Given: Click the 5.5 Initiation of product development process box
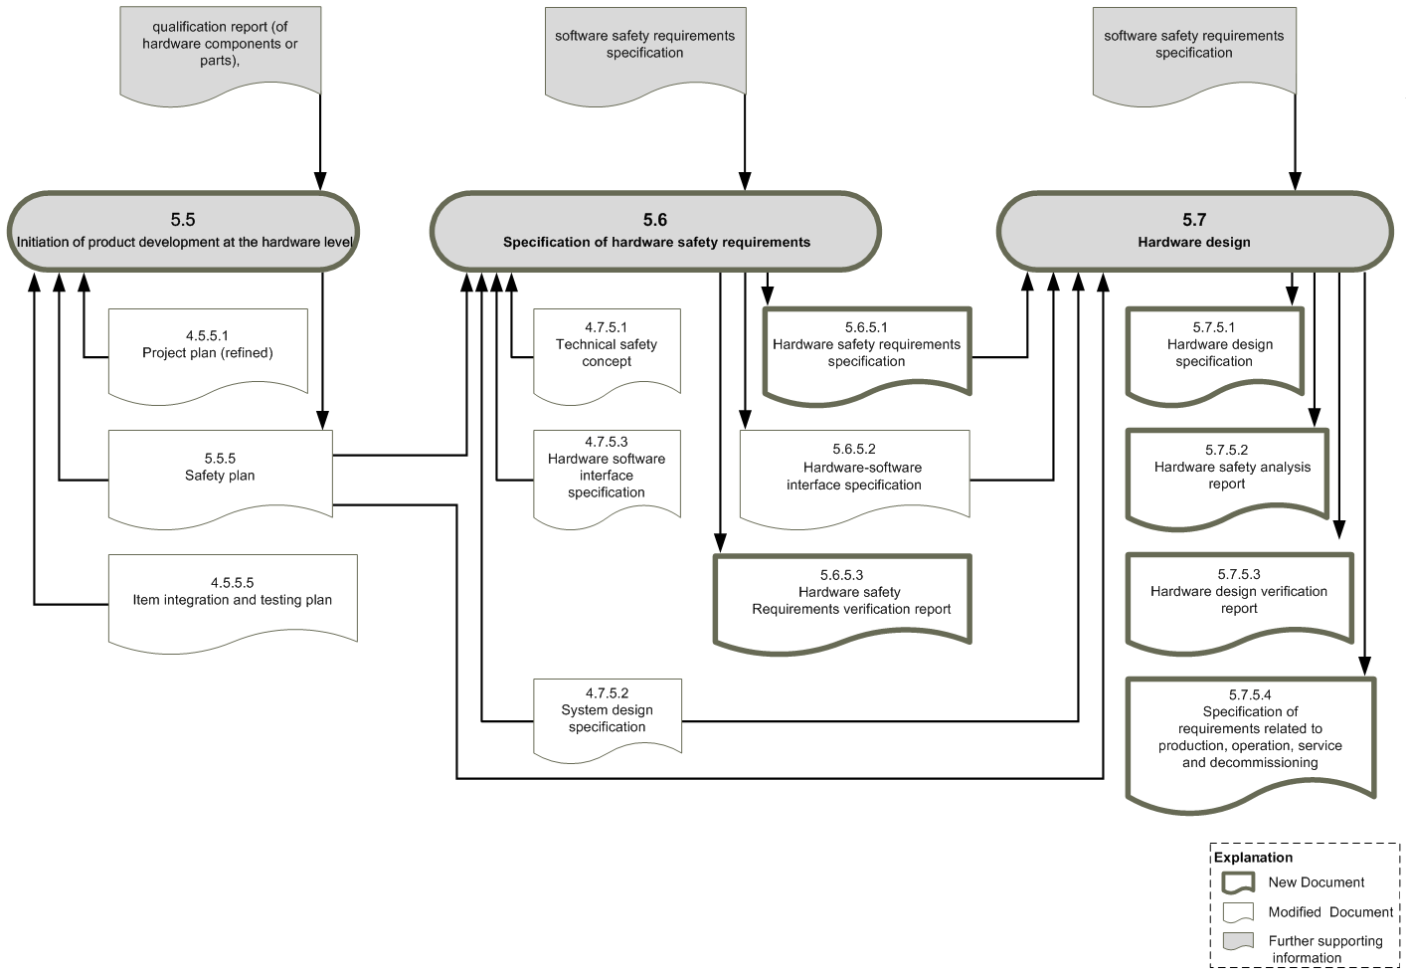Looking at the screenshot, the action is pos(183,232).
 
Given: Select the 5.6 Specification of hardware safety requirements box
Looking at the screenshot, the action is pos(655,232).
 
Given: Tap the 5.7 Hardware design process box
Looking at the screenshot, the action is pos(1194,232).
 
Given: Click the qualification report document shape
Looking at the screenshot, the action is pos(221,54).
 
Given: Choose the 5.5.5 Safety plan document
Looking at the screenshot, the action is pos(221,477).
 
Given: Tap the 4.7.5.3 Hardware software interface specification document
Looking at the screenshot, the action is pos(607,477).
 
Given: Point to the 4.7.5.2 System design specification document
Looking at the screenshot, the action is pos(608,718).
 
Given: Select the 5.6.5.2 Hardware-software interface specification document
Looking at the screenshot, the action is pos(854,477).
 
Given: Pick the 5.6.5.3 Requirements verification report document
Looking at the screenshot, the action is pos(842,602).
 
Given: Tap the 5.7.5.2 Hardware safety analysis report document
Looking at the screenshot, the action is pos(1227,477).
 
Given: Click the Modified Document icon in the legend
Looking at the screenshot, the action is pos(1238,912).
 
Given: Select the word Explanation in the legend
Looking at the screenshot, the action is pos(1253,858).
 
